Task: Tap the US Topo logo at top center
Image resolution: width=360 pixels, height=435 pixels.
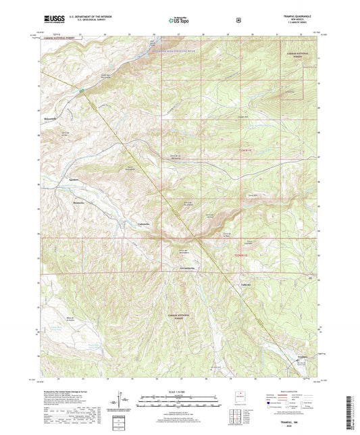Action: click(180, 20)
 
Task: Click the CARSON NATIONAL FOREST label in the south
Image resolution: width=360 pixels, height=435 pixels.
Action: click(175, 314)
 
